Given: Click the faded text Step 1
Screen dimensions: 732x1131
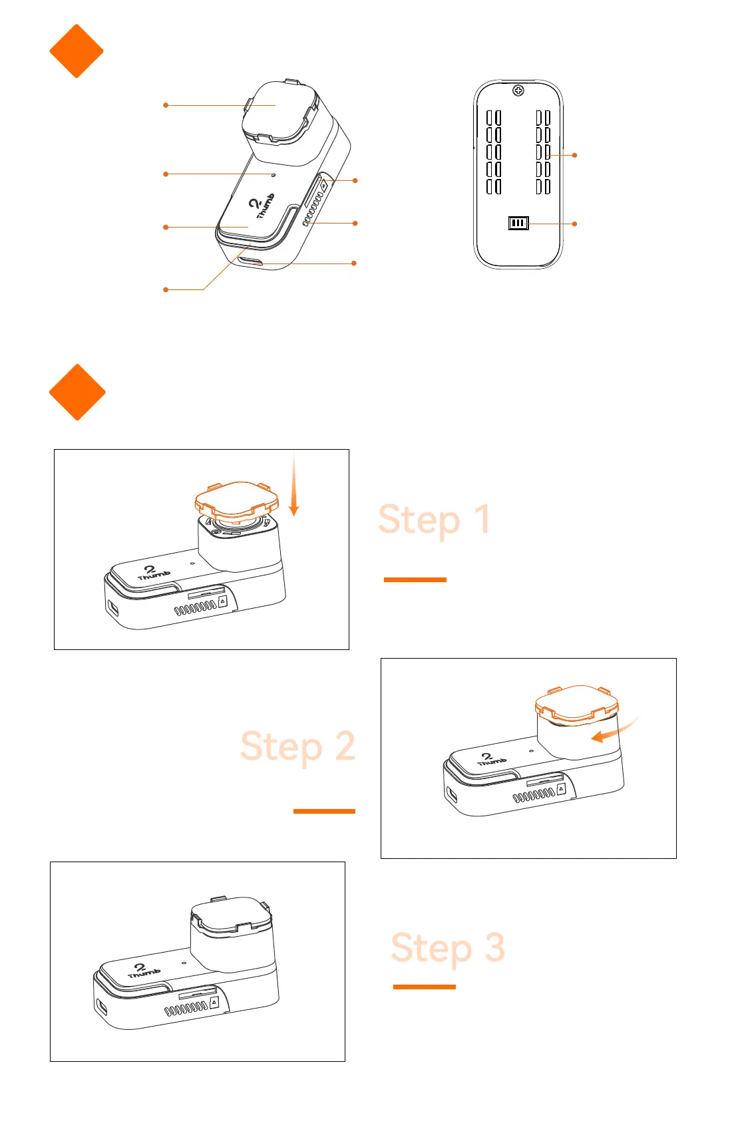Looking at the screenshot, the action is [x=434, y=520].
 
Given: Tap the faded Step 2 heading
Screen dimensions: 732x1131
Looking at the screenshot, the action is [x=297, y=746].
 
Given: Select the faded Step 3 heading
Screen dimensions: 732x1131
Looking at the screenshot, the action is [x=447, y=947].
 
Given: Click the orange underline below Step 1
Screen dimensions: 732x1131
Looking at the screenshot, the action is [x=415, y=579].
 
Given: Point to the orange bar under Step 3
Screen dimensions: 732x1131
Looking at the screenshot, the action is [x=424, y=987].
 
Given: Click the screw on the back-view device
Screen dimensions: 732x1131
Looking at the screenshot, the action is [x=519, y=90].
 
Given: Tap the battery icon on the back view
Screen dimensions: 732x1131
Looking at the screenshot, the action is [x=518, y=224].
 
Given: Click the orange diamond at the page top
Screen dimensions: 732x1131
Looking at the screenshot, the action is [x=77, y=51].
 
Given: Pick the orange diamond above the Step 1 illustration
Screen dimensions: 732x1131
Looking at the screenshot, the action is [x=77, y=392].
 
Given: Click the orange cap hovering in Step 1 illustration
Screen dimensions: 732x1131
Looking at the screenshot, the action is [x=236, y=500].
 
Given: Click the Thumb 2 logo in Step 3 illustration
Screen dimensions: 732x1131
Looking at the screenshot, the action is [x=143, y=971].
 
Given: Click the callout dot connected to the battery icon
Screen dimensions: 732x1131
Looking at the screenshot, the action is [x=574, y=224].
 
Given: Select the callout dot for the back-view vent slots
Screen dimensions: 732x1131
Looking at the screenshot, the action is [x=574, y=155].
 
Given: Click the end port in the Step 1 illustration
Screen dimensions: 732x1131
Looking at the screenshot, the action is [x=112, y=607].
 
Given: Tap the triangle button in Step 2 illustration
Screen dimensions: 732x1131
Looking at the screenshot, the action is [x=561, y=788].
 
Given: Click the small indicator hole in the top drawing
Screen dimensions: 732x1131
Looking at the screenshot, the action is [x=274, y=174].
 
